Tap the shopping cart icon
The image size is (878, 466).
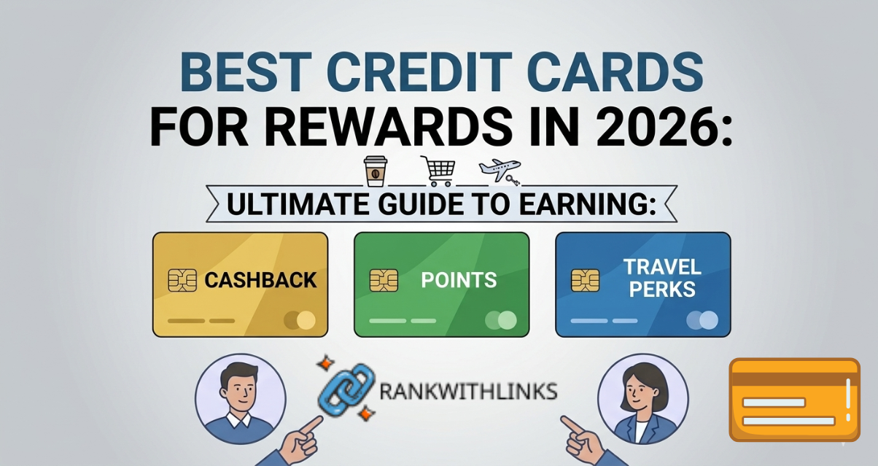[437, 171]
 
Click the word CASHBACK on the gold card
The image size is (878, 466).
[260, 280]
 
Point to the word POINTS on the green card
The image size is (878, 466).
[459, 280]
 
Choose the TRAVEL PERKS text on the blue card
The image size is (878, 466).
[661, 278]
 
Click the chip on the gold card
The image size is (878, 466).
[182, 280]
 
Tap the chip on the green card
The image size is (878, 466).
[383, 280]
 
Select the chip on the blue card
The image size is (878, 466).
[585, 280]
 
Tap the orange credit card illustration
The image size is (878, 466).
[794, 400]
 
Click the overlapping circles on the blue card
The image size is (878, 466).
[702, 320]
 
